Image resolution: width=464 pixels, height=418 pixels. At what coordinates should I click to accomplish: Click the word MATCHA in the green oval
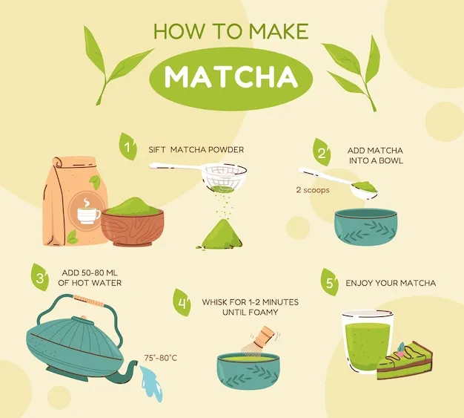pyautogui.click(x=231, y=77)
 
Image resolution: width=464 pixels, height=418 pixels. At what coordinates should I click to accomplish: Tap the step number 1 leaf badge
pyautogui.click(x=128, y=146)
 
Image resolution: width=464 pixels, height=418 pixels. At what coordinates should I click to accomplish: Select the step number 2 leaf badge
pyautogui.click(x=322, y=152)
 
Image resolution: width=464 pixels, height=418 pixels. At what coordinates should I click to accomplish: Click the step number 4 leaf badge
pyautogui.click(x=182, y=302)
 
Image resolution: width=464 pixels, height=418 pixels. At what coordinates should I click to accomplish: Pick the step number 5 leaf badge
pyautogui.click(x=330, y=282)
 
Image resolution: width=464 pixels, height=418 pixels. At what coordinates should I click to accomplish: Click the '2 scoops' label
pyautogui.click(x=313, y=190)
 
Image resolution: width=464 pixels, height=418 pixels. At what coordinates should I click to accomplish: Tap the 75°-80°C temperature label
pyautogui.click(x=161, y=358)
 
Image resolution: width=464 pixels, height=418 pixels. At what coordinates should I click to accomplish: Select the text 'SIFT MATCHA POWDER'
pyautogui.click(x=196, y=150)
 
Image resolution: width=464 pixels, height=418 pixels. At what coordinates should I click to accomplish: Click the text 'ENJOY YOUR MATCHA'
pyautogui.click(x=391, y=283)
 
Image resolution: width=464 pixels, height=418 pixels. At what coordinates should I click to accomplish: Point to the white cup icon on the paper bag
pyautogui.click(x=88, y=213)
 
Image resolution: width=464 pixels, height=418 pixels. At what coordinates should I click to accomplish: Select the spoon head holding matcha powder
pyautogui.click(x=364, y=189)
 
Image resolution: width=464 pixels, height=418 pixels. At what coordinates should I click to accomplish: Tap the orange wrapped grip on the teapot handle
pyautogui.click(x=89, y=300)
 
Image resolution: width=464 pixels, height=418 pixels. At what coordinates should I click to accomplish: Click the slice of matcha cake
pyautogui.click(x=405, y=361)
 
